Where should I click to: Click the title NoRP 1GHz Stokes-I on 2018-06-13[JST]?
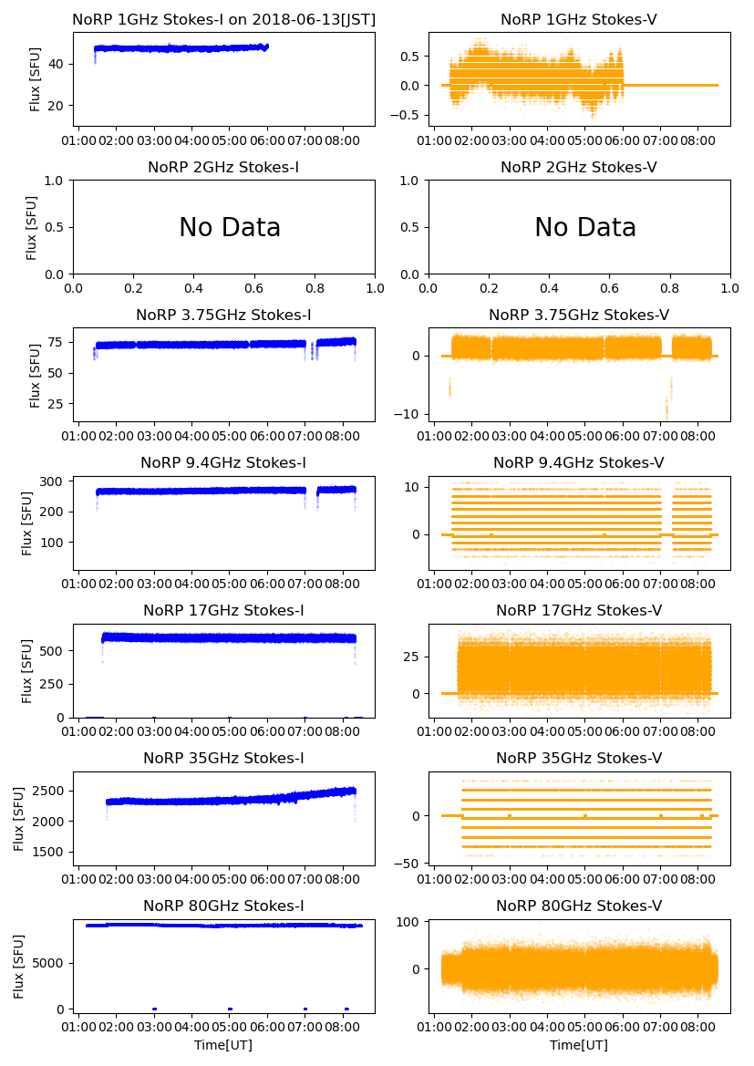coord(223,19)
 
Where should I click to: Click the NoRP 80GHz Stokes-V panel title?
coord(579,906)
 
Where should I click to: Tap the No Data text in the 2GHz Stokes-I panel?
coord(230,227)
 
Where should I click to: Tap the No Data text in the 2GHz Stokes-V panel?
coord(585,227)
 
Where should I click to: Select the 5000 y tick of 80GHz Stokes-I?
coord(52,962)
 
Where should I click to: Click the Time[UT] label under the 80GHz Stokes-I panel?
coord(223,1045)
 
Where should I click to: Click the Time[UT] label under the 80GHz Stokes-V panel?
coord(579,1045)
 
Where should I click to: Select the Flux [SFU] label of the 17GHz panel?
coord(27,670)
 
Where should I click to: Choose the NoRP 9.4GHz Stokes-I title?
coord(223,462)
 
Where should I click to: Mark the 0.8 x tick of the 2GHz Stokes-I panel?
coord(315,289)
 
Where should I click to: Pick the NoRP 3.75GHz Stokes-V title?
coord(579,315)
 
